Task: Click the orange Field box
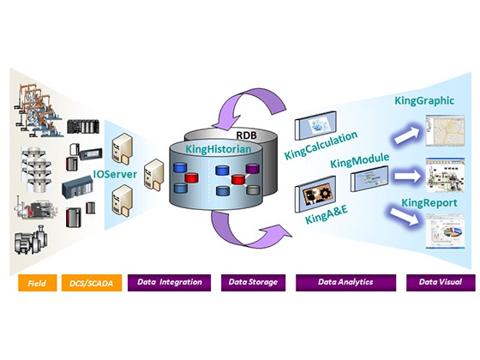pos(38,283)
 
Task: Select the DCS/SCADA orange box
pos(92,283)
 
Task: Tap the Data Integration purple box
pos(170,283)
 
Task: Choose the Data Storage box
pos(253,283)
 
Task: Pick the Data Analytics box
pos(345,283)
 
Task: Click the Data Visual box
pos(441,283)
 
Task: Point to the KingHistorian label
pos(219,149)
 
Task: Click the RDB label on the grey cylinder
pos(247,135)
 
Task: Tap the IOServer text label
pos(115,174)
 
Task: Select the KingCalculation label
pos(321,146)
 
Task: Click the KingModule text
pos(360,160)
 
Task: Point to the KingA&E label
pos(327,214)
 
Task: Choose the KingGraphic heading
pos(424,100)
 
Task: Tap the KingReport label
pos(429,202)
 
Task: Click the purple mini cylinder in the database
pos(253,169)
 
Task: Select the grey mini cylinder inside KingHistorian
pos(253,190)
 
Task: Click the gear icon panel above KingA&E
pos(315,194)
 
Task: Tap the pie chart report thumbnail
pos(445,231)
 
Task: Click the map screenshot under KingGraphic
pos(445,130)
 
